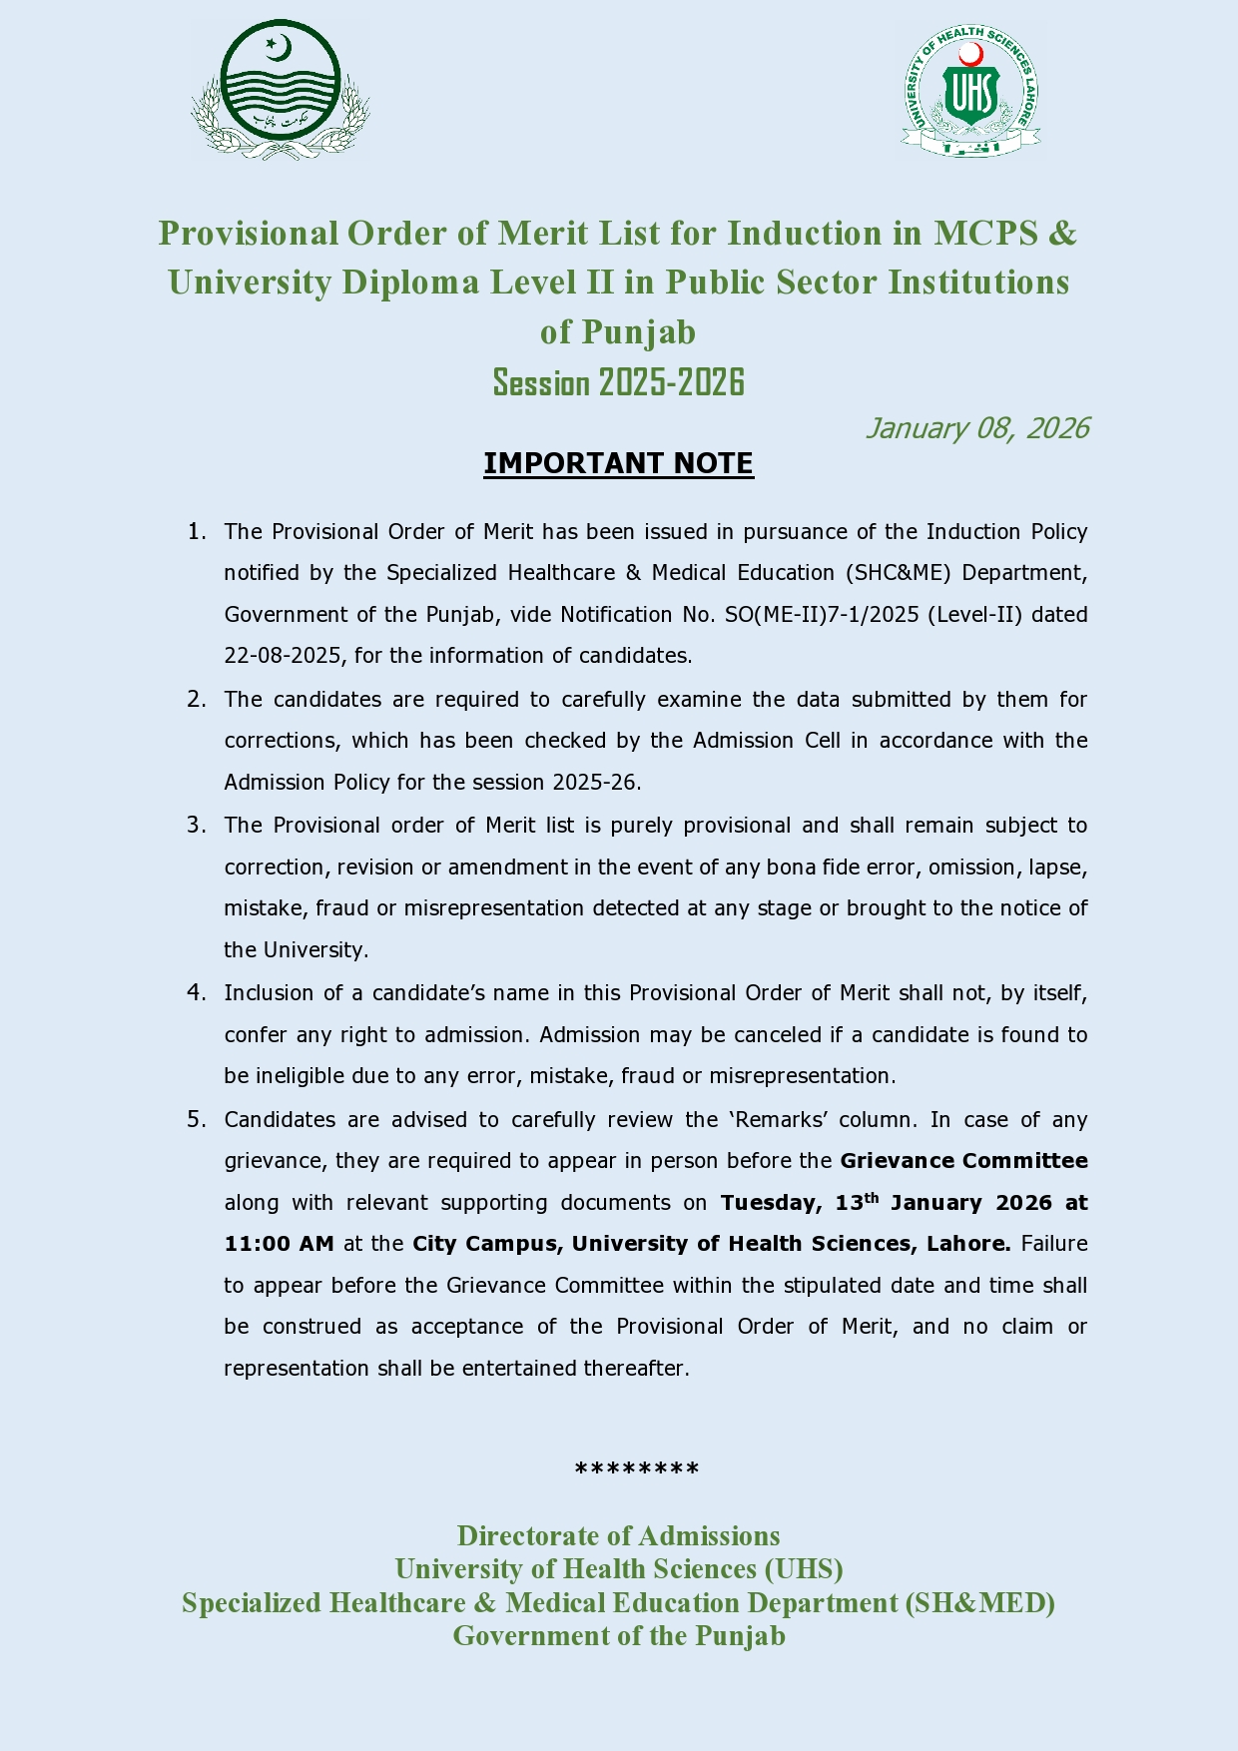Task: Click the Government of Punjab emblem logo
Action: click(x=281, y=91)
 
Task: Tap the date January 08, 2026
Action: click(x=976, y=428)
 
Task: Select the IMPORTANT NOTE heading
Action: click(x=618, y=463)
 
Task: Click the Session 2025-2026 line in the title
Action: click(x=619, y=382)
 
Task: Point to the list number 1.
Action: click(x=196, y=531)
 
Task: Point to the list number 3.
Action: click(x=196, y=825)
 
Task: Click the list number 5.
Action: click(x=196, y=1119)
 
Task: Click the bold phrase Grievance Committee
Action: click(x=963, y=1161)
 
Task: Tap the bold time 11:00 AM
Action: click(x=279, y=1244)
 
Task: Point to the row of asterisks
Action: click(x=637, y=1469)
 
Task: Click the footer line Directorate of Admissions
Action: click(x=619, y=1535)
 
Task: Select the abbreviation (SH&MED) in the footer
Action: click(x=979, y=1602)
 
